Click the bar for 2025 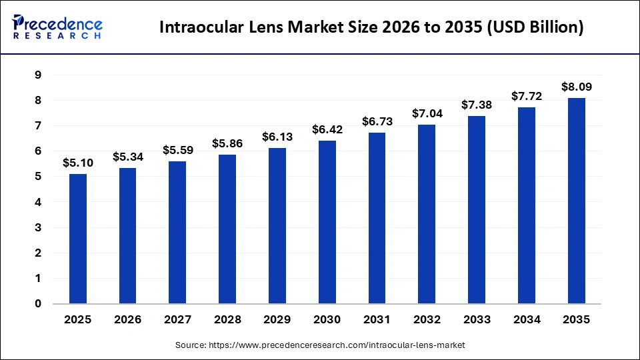click(x=78, y=239)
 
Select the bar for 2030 click(x=327, y=222)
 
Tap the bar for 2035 click(x=577, y=201)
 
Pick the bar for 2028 click(x=227, y=229)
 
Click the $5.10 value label click(x=78, y=162)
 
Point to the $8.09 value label click(x=577, y=87)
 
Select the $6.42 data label click(x=327, y=129)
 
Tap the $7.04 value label click(x=427, y=113)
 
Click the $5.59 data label click(x=177, y=150)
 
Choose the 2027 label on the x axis click(x=177, y=320)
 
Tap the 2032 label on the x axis click(x=427, y=320)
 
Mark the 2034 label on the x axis click(x=527, y=320)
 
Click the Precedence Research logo click(x=57, y=27)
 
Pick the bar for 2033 click(x=477, y=210)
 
